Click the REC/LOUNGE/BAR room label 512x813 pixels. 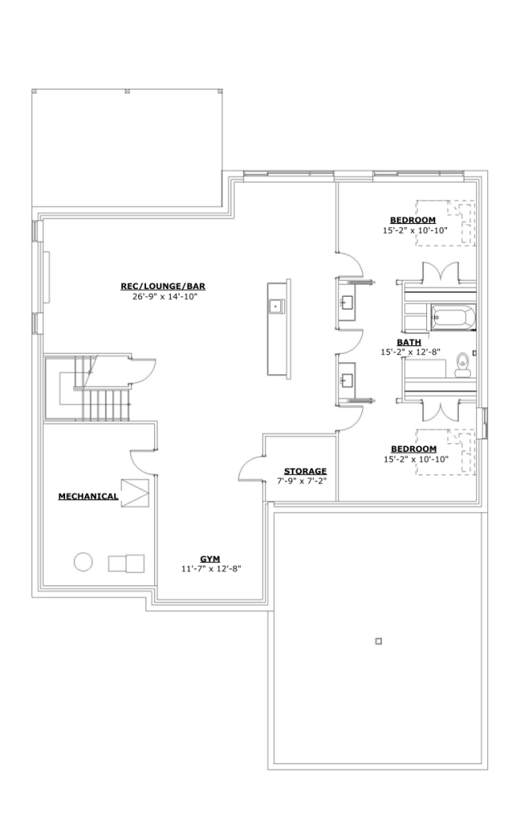coord(164,286)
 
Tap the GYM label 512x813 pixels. coord(210,559)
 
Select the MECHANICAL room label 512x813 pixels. coord(88,496)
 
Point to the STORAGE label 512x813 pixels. coord(306,472)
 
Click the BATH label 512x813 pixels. coord(409,342)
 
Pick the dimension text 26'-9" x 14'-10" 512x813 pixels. coord(165,297)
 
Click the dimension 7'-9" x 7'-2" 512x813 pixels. coord(301,481)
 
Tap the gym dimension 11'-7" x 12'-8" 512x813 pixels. coord(211,568)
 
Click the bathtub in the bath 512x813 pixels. coord(453,318)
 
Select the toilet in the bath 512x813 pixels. coord(462,364)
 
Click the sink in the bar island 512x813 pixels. coord(275,306)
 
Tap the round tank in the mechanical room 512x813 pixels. coord(83,562)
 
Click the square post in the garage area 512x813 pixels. coord(379,642)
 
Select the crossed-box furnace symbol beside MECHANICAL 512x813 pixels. coord(135,493)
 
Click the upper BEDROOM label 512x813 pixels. coord(413,220)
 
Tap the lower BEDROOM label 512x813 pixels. coord(414,449)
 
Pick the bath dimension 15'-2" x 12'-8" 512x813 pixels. coord(410,352)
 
